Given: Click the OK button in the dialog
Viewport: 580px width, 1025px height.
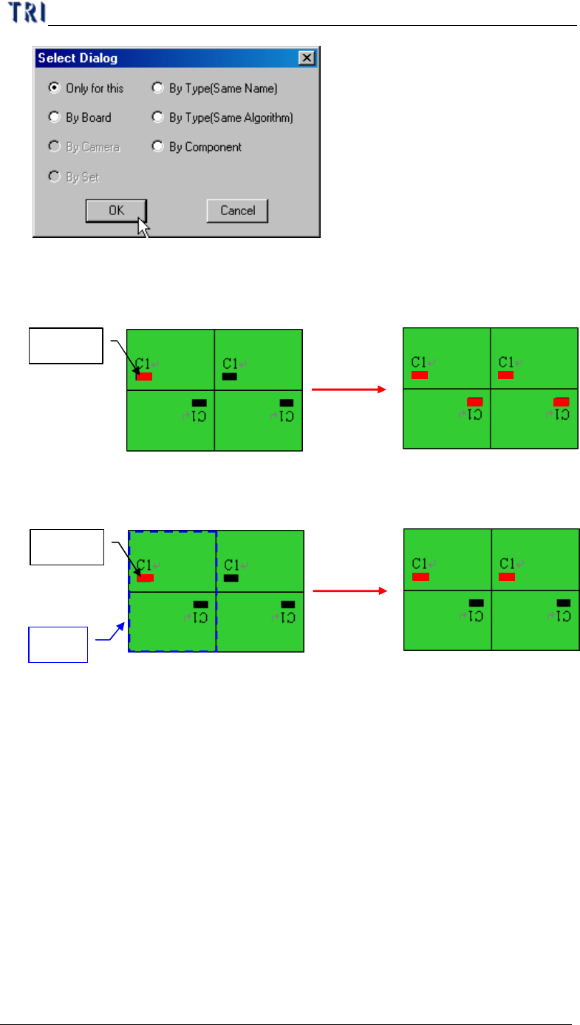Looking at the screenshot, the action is [x=116, y=211].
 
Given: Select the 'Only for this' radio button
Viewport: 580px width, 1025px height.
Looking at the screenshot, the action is [x=54, y=88].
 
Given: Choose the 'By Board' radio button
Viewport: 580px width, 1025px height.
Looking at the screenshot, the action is [x=54, y=117].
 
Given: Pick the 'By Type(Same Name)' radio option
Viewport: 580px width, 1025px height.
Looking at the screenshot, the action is [x=157, y=88].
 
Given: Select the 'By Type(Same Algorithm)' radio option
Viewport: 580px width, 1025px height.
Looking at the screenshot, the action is [x=157, y=117].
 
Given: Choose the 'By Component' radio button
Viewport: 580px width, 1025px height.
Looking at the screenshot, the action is [x=157, y=146].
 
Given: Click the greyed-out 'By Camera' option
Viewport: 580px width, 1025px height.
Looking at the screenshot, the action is [x=54, y=146].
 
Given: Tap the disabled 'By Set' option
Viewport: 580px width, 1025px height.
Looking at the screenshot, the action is [x=54, y=177].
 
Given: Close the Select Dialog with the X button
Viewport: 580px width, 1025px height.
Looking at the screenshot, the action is [x=306, y=58].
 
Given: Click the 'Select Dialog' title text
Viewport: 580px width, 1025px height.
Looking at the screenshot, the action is [x=78, y=58].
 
